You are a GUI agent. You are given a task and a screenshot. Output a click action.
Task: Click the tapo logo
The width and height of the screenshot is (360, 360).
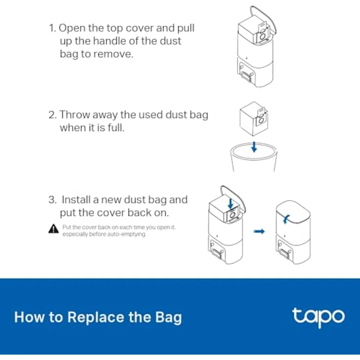tap(319, 317)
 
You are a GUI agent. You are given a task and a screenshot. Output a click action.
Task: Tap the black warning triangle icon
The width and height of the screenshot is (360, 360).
tap(53, 229)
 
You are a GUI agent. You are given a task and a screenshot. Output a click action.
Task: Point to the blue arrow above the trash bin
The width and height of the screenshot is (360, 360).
tap(254, 147)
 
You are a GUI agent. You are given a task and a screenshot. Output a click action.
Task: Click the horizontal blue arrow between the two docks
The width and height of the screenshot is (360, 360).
tap(259, 231)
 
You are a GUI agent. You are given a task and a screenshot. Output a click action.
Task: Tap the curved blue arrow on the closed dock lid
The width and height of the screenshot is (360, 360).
tap(286, 219)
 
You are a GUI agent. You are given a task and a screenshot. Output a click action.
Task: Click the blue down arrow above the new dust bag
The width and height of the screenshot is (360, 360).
tap(231, 203)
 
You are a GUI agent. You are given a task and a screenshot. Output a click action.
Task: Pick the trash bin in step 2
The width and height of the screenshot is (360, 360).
tap(254, 157)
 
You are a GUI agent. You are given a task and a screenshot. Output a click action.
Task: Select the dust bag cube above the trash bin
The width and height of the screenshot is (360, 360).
tap(253, 119)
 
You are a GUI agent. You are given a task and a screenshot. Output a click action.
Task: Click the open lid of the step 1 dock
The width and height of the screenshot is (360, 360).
tap(264, 19)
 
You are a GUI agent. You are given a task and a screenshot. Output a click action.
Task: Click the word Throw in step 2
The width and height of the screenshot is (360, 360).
tap(75, 114)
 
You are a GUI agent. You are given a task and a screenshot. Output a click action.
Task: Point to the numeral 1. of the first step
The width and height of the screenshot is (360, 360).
tap(52, 28)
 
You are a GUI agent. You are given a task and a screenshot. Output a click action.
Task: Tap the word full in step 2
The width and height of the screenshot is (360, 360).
tap(116, 128)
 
